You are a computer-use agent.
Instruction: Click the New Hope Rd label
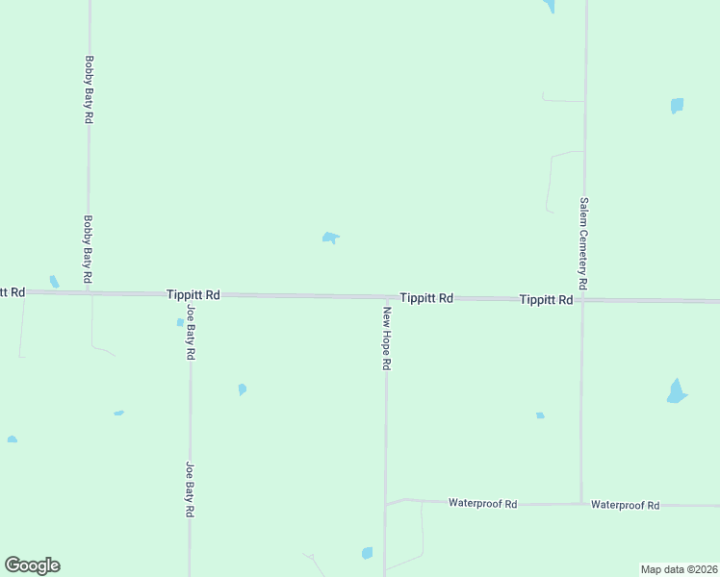point(387,339)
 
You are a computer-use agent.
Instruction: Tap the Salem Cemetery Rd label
point(583,245)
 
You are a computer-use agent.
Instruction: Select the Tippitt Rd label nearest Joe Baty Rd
point(193,294)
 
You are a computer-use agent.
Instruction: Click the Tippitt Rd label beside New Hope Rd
point(426,298)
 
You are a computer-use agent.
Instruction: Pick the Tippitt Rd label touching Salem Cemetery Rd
point(546,300)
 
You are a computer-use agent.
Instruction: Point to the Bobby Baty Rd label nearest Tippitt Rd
point(88,248)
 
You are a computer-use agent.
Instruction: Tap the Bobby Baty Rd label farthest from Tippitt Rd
point(89,88)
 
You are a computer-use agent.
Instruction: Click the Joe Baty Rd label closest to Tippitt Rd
point(191,332)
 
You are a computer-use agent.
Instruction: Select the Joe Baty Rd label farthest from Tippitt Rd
point(191,490)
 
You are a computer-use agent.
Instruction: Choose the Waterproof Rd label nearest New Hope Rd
point(483,503)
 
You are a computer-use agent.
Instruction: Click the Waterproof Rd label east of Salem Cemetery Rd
point(625,504)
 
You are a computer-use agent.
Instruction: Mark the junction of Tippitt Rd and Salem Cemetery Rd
point(582,300)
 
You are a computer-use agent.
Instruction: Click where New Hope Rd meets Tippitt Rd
point(387,298)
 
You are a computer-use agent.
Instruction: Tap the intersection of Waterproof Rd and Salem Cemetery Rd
point(581,502)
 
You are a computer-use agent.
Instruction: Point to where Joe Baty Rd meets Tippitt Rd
point(190,295)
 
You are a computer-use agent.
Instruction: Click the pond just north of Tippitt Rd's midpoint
point(330,237)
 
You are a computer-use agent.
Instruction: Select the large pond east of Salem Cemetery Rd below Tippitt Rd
point(677,391)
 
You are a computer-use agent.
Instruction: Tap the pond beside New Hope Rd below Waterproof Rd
point(367,553)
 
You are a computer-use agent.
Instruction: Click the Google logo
point(32,565)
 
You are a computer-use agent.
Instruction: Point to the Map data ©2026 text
point(679,569)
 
